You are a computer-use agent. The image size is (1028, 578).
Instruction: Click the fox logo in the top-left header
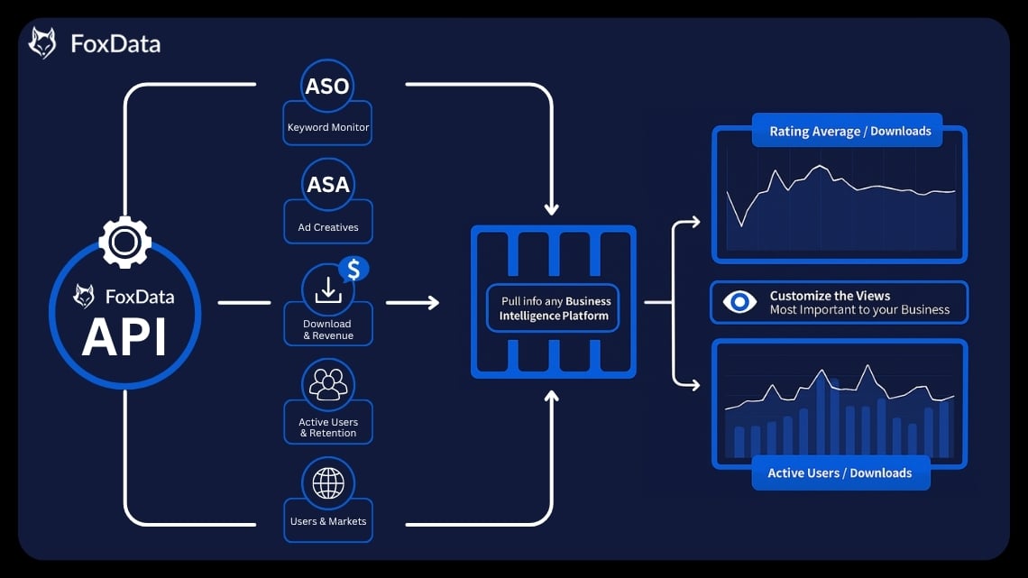pyautogui.click(x=42, y=43)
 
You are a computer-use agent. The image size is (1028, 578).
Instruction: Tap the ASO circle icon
pyautogui.click(x=327, y=86)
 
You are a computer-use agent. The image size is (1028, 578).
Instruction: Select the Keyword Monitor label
pyautogui.click(x=328, y=128)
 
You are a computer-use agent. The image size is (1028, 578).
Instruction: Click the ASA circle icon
pyautogui.click(x=328, y=185)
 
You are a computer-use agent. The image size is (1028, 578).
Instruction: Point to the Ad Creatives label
pyautogui.click(x=328, y=227)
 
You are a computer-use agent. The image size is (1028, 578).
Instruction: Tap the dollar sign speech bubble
pyautogui.click(x=353, y=269)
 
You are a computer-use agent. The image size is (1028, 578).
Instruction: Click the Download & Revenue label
pyautogui.click(x=327, y=330)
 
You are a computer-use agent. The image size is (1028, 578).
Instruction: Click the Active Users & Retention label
pyautogui.click(x=328, y=427)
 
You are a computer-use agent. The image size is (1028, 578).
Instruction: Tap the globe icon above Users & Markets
pyautogui.click(x=328, y=483)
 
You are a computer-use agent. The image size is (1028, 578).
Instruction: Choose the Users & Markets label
pyautogui.click(x=328, y=521)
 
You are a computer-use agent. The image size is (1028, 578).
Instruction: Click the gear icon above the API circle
pyautogui.click(x=124, y=242)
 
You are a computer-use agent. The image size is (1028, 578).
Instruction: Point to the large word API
pyautogui.click(x=124, y=337)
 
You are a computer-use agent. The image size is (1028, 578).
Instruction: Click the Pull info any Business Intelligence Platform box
pyautogui.click(x=555, y=308)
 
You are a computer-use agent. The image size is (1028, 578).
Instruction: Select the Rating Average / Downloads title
pyautogui.click(x=849, y=132)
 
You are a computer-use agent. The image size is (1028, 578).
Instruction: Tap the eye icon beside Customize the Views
pyautogui.click(x=739, y=302)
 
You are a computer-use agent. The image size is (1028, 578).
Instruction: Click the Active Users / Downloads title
pyautogui.click(x=840, y=473)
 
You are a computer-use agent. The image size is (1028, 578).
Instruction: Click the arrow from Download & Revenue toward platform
pyautogui.click(x=412, y=302)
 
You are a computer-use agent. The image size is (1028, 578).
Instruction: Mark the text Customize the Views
pyautogui.click(x=830, y=296)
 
